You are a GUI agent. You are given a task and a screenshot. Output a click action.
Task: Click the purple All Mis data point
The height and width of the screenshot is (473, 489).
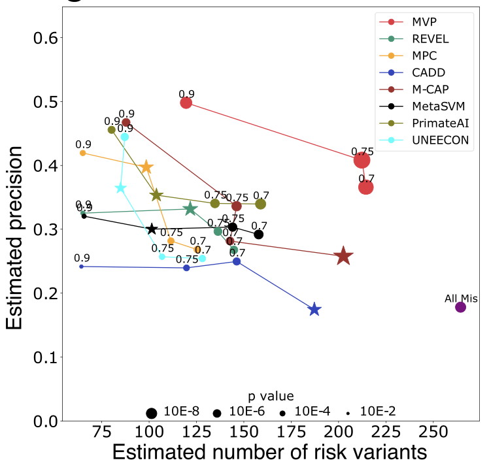click(x=460, y=307)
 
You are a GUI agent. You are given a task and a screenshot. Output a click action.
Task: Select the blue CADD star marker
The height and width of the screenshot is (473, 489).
click(x=314, y=310)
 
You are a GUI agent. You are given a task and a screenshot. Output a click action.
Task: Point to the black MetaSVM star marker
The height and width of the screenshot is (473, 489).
click(x=152, y=229)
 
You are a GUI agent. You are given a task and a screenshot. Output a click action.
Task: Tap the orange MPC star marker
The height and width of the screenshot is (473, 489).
click(x=146, y=168)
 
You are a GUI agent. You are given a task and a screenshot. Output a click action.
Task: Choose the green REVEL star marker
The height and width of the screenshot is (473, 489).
click(x=190, y=209)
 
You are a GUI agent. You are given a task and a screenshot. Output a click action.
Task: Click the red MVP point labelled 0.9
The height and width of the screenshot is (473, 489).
click(x=186, y=103)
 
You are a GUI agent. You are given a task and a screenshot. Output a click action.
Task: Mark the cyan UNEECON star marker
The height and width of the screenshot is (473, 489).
click(x=121, y=188)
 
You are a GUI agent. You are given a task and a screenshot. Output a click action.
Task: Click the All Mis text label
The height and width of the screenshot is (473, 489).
click(x=460, y=298)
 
